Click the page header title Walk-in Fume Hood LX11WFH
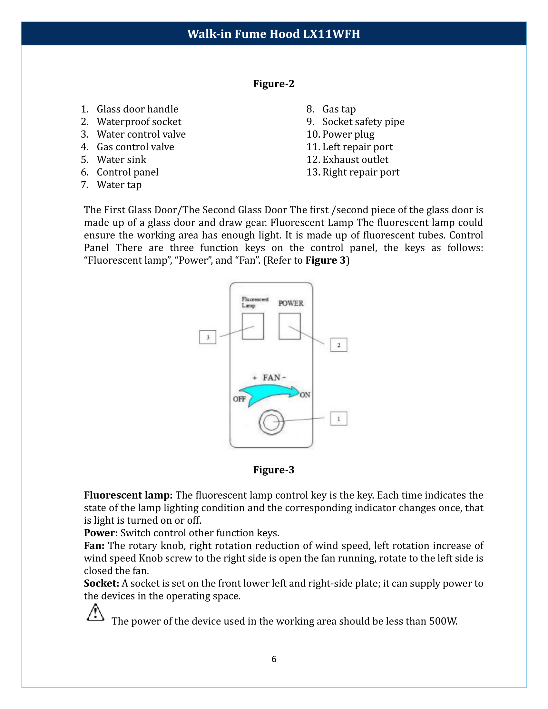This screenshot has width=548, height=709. (274, 34)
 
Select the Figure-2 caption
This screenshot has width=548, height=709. (274, 84)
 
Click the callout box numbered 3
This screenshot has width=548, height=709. (208, 337)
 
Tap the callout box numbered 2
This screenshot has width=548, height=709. (338, 345)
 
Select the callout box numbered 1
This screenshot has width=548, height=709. (338, 418)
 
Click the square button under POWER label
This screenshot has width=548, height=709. (289, 326)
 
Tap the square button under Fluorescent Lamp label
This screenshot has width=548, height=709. (253, 326)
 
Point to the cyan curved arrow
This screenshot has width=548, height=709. (268, 394)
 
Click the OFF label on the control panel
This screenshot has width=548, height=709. (239, 399)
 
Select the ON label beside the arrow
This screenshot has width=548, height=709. (305, 395)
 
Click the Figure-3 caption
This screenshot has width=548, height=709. (274, 470)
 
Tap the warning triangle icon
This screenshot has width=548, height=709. (95, 613)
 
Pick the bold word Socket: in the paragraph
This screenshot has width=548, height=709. (102, 583)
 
